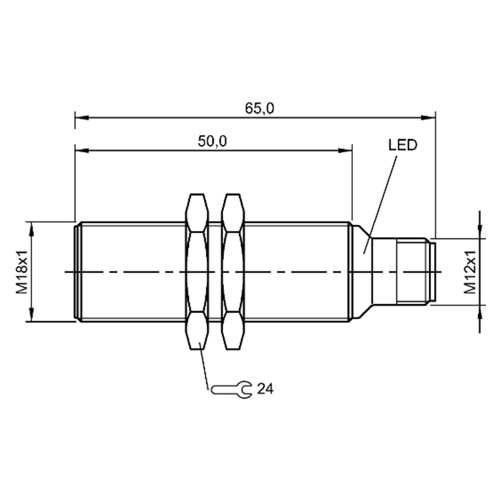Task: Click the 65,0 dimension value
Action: (x=260, y=109)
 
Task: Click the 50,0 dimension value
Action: (x=212, y=141)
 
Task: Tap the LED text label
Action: (x=403, y=145)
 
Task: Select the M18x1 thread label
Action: (x=23, y=272)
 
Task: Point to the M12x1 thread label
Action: (x=470, y=272)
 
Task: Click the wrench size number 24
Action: (x=265, y=389)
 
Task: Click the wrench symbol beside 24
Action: (x=231, y=390)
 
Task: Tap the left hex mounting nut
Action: (x=197, y=272)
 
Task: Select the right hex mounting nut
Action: (x=233, y=272)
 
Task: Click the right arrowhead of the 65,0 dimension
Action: (x=429, y=118)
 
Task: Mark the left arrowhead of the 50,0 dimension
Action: (x=82, y=150)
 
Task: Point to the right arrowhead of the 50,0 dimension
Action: (x=345, y=150)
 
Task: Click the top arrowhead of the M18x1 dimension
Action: (x=31, y=228)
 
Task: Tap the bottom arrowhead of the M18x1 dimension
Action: (x=31, y=314)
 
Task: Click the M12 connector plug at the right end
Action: (x=403, y=272)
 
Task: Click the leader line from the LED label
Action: (x=380, y=205)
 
